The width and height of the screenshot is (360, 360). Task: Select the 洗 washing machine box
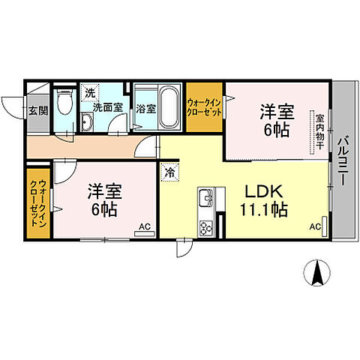[90, 93]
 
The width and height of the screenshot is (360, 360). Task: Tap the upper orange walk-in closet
[203, 106]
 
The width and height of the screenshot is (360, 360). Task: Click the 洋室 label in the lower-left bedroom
[103, 191]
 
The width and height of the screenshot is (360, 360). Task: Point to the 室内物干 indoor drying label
[319, 131]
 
